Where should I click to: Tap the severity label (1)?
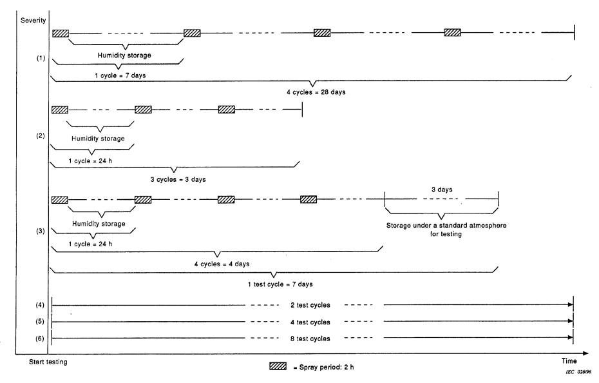coord(41,59)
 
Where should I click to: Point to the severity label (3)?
coord(41,230)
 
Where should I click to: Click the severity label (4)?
coord(41,305)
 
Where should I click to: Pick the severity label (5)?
coord(41,321)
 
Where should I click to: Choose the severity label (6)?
coord(41,338)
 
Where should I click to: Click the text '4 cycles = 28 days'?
coord(316,92)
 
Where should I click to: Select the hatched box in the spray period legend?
coord(278,368)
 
